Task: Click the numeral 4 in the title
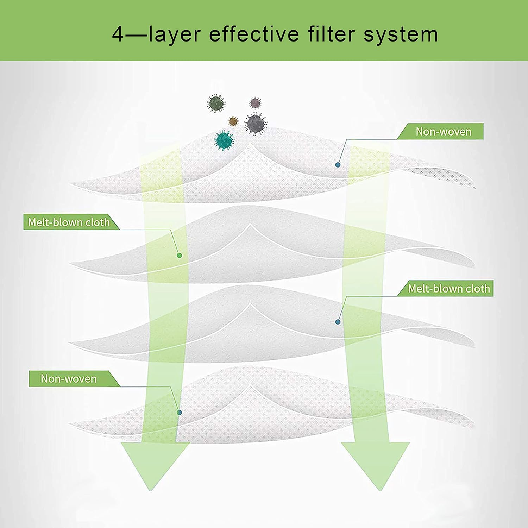pos(119,34)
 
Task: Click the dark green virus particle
pos(216,103)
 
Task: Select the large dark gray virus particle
pos(256,124)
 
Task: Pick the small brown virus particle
pos(233,121)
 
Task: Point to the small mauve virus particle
pos(255,103)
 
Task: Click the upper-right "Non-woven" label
pos(443,131)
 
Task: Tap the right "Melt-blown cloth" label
pos(449,289)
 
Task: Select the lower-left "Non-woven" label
pos(69,379)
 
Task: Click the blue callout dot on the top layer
pos(338,165)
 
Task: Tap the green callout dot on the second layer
pos(179,256)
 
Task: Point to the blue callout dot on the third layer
pos(338,322)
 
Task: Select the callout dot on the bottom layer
pos(179,412)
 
